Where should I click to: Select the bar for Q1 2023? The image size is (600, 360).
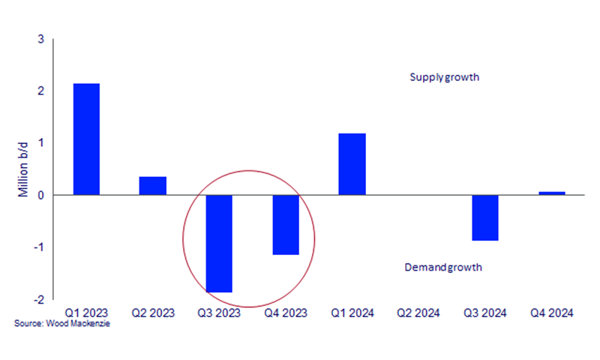click(86, 139)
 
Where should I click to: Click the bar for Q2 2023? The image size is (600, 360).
click(153, 185)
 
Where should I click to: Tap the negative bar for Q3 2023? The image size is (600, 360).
click(219, 243)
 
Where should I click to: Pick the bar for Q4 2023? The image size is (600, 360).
click(286, 224)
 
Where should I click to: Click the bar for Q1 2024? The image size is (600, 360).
click(352, 164)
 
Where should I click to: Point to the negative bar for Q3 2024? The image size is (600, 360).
click(485, 217)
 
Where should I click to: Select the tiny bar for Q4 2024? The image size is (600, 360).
click(552, 193)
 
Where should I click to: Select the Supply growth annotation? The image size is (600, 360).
click(444, 77)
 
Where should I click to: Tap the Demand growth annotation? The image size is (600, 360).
click(442, 267)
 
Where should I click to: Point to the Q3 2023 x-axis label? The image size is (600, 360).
click(219, 312)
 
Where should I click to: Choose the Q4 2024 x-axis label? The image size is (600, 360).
click(552, 312)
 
